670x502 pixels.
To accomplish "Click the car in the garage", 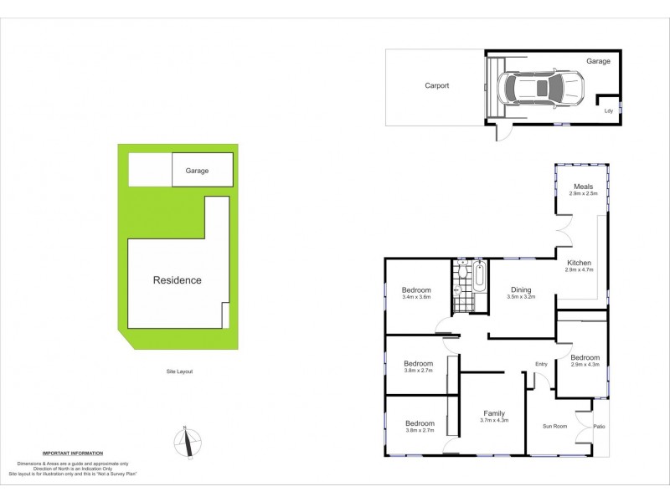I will tap(541, 88).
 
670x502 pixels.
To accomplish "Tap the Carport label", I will tap(436, 85).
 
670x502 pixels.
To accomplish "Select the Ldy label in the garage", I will tap(609, 110).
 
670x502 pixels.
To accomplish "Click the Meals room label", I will tap(583, 186).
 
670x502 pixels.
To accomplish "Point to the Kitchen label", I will tap(579, 263).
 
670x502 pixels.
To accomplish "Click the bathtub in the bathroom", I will tap(479, 276).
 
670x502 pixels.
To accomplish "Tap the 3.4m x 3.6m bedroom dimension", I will tap(416, 297).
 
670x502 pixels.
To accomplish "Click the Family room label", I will tap(495, 412).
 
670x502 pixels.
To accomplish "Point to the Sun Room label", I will tap(555, 427).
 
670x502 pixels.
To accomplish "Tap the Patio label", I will tap(600, 427).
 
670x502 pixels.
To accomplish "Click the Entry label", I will tap(542, 363).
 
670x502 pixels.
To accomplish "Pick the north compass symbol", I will tap(189, 441).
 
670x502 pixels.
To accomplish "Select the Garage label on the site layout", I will tap(197, 171).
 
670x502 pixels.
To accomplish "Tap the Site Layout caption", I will tap(178, 371).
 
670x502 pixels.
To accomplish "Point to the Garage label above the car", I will tap(598, 61).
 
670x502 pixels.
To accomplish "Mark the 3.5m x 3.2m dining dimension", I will tap(520, 297).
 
